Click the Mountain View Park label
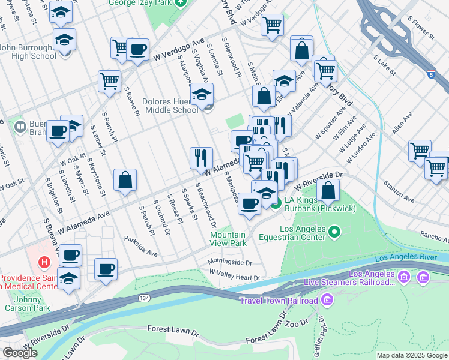coord(228,239)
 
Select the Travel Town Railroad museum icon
coord(327,299)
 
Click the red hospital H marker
coord(43,262)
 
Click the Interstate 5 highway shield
coord(432,75)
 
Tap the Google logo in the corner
coord(20,353)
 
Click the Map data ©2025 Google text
coord(412,355)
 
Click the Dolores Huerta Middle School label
coord(170,106)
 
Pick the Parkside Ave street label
coord(141,249)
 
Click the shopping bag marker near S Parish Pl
coord(125,180)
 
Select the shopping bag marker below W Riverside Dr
coord(328,191)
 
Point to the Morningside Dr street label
coord(229,263)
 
